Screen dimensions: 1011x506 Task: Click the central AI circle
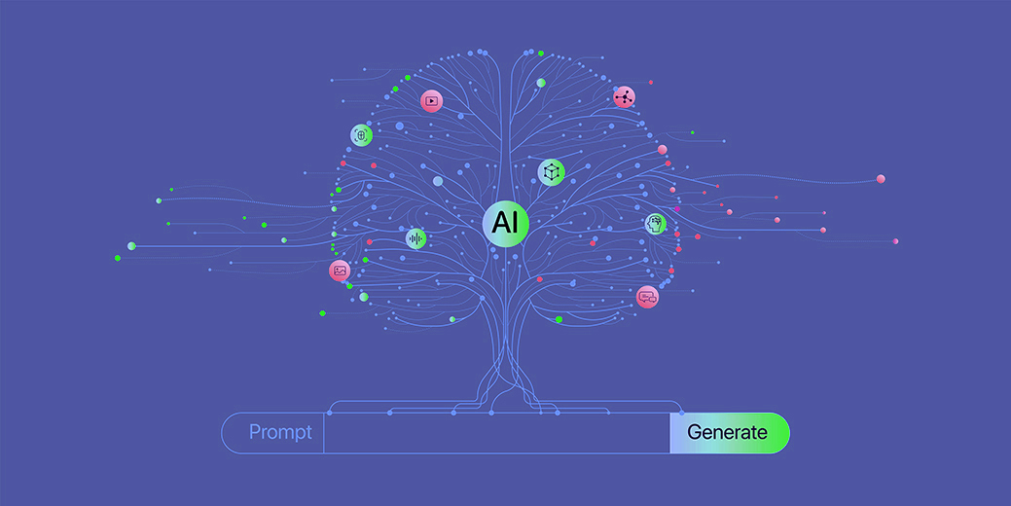tap(506, 223)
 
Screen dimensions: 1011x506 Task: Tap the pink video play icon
tap(431, 101)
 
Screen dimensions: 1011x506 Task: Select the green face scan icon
tap(361, 135)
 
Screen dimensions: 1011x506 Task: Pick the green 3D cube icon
tap(552, 172)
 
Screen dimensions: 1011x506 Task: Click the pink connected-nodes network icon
tap(624, 97)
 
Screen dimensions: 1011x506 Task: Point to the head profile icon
tap(656, 224)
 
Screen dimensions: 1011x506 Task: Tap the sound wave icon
tap(415, 239)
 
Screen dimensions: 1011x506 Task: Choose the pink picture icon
tap(340, 271)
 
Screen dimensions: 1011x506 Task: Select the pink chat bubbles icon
tap(647, 297)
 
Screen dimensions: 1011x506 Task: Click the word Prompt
tap(280, 432)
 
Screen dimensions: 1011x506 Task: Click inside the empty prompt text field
tap(496, 432)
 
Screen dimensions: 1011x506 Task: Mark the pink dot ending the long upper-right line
tap(881, 179)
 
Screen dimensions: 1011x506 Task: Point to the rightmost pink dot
tap(895, 241)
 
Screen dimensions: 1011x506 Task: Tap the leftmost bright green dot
tap(118, 259)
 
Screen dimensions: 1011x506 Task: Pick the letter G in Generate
tap(695, 432)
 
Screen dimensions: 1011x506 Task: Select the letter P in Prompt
tap(255, 432)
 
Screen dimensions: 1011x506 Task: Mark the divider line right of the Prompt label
tap(324, 432)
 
